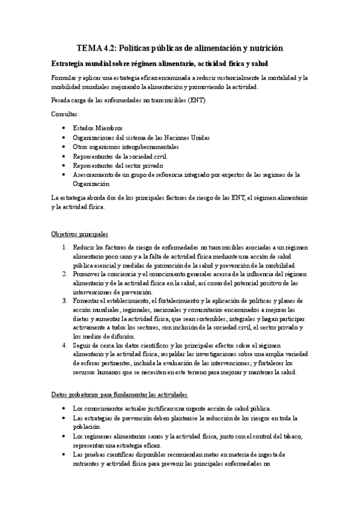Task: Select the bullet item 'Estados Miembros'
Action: coord(97,127)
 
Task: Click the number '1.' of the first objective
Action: coord(65,247)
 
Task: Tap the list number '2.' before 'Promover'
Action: coord(65,274)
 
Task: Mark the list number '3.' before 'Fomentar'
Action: coord(65,301)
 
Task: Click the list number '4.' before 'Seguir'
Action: coord(65,346)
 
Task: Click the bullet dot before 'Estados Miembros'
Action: coord(64,128)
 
